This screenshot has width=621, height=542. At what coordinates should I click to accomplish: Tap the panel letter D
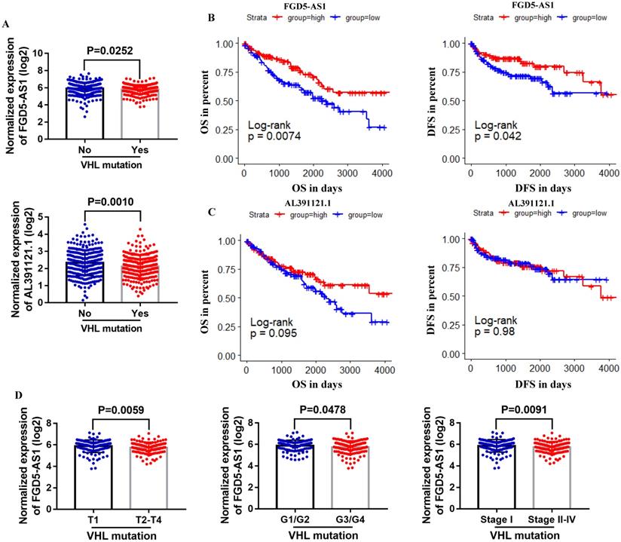(x=7, y=396)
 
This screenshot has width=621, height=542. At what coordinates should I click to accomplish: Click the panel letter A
(x=6, y=24)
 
